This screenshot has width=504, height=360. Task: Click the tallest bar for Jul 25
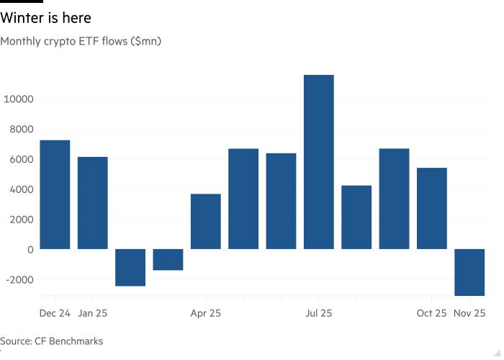point(318,162)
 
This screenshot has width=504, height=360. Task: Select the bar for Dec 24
point(55,194)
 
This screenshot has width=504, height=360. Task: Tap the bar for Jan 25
point(92,202)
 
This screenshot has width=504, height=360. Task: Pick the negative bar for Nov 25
point(469,272)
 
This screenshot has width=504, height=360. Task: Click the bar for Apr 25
point(205,221)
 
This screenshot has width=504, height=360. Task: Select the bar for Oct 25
point(431,208)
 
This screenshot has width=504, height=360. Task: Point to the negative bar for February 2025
point(130,267)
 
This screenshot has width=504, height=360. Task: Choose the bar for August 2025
point(356,217)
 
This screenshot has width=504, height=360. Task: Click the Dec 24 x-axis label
point(55,314)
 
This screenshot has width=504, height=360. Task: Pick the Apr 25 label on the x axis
point(205,314)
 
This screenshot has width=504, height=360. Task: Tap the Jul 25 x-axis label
point(318,314)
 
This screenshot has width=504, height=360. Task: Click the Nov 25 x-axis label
point(469,314)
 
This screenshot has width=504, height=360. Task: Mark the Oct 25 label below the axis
point(431,314)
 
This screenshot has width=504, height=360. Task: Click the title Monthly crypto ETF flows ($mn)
point(81,42)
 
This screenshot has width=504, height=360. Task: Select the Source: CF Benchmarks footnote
point(52,341)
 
